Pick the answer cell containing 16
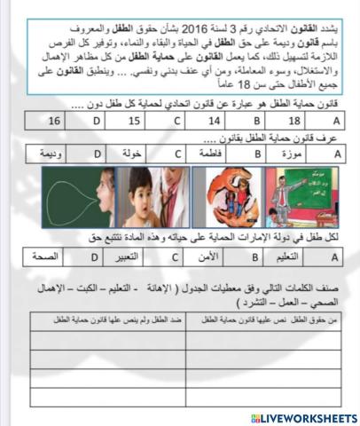click(x=54, y=119)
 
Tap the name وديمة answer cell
click(x=54, y=153)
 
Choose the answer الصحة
click(x=54, y=257)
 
